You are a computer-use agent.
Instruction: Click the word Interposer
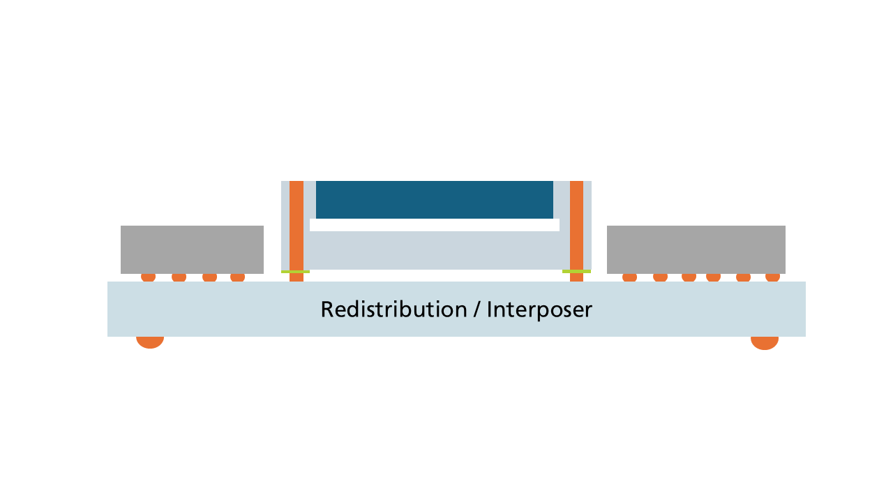pos(539,309)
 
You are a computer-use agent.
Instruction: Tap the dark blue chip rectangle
pos(435,200)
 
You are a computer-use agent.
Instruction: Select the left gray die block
pos(192,249)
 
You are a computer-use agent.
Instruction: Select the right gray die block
pos(696,249)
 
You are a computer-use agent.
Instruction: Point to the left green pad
pos(295,271)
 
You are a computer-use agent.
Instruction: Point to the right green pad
pos(576,271)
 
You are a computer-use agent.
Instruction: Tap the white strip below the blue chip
pos(435,225)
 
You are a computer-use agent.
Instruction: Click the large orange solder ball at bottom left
pos(150,342)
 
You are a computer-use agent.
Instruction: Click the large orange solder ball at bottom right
pos(765,342)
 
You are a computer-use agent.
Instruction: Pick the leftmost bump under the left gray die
pos(148,277)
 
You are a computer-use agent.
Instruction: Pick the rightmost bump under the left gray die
pos(237,277)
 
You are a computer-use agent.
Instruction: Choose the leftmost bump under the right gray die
pos(629,277)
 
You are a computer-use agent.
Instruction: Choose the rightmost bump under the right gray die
pos(772,277)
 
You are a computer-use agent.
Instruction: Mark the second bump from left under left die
pos(179,277)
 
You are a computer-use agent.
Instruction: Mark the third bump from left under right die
pos(689,277)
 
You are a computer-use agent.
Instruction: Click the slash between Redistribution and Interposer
pos(476,309)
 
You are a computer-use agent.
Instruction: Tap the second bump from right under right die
pos(743,277)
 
